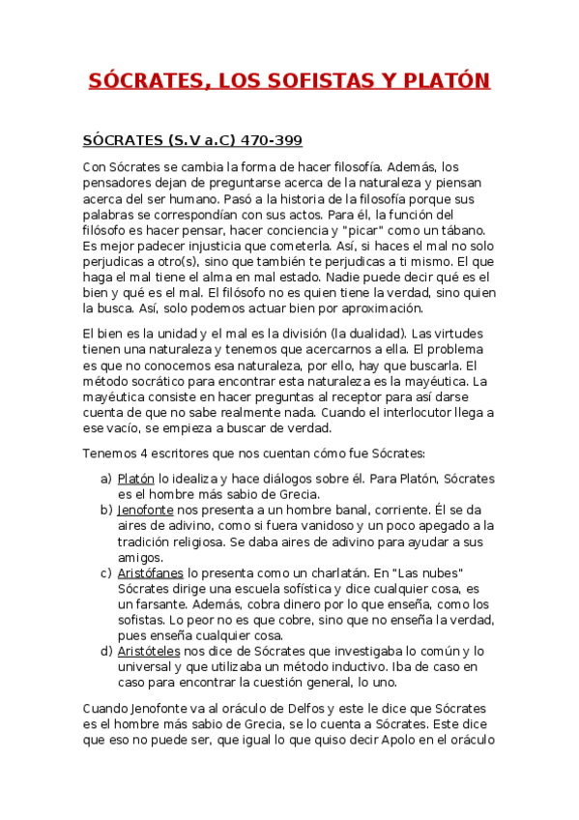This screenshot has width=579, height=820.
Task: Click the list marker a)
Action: pyautogui.click(x=106, y=479)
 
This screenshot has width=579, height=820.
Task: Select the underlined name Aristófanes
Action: pyautogui.click(x=151, y=572)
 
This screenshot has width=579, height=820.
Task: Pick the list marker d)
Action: pyautogui.click(x=106, y=651)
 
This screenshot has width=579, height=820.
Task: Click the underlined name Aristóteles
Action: pyautogui.click(x=150, y=651)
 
